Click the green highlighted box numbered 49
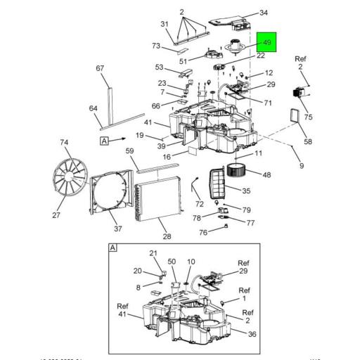pos(267,44)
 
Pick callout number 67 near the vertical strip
pos(100,68)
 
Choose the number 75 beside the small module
pos(308,117)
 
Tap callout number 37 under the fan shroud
pos(117,229)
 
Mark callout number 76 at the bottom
pos(203,233)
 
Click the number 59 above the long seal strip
pos(129,150)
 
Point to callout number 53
pos(160,68)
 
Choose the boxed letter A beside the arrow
pos(105,141)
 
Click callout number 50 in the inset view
pos(171,262)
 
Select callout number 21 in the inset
pos(153,253)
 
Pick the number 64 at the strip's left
pos(93,108)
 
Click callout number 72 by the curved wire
pos(200,204)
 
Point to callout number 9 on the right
pos(302,166)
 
